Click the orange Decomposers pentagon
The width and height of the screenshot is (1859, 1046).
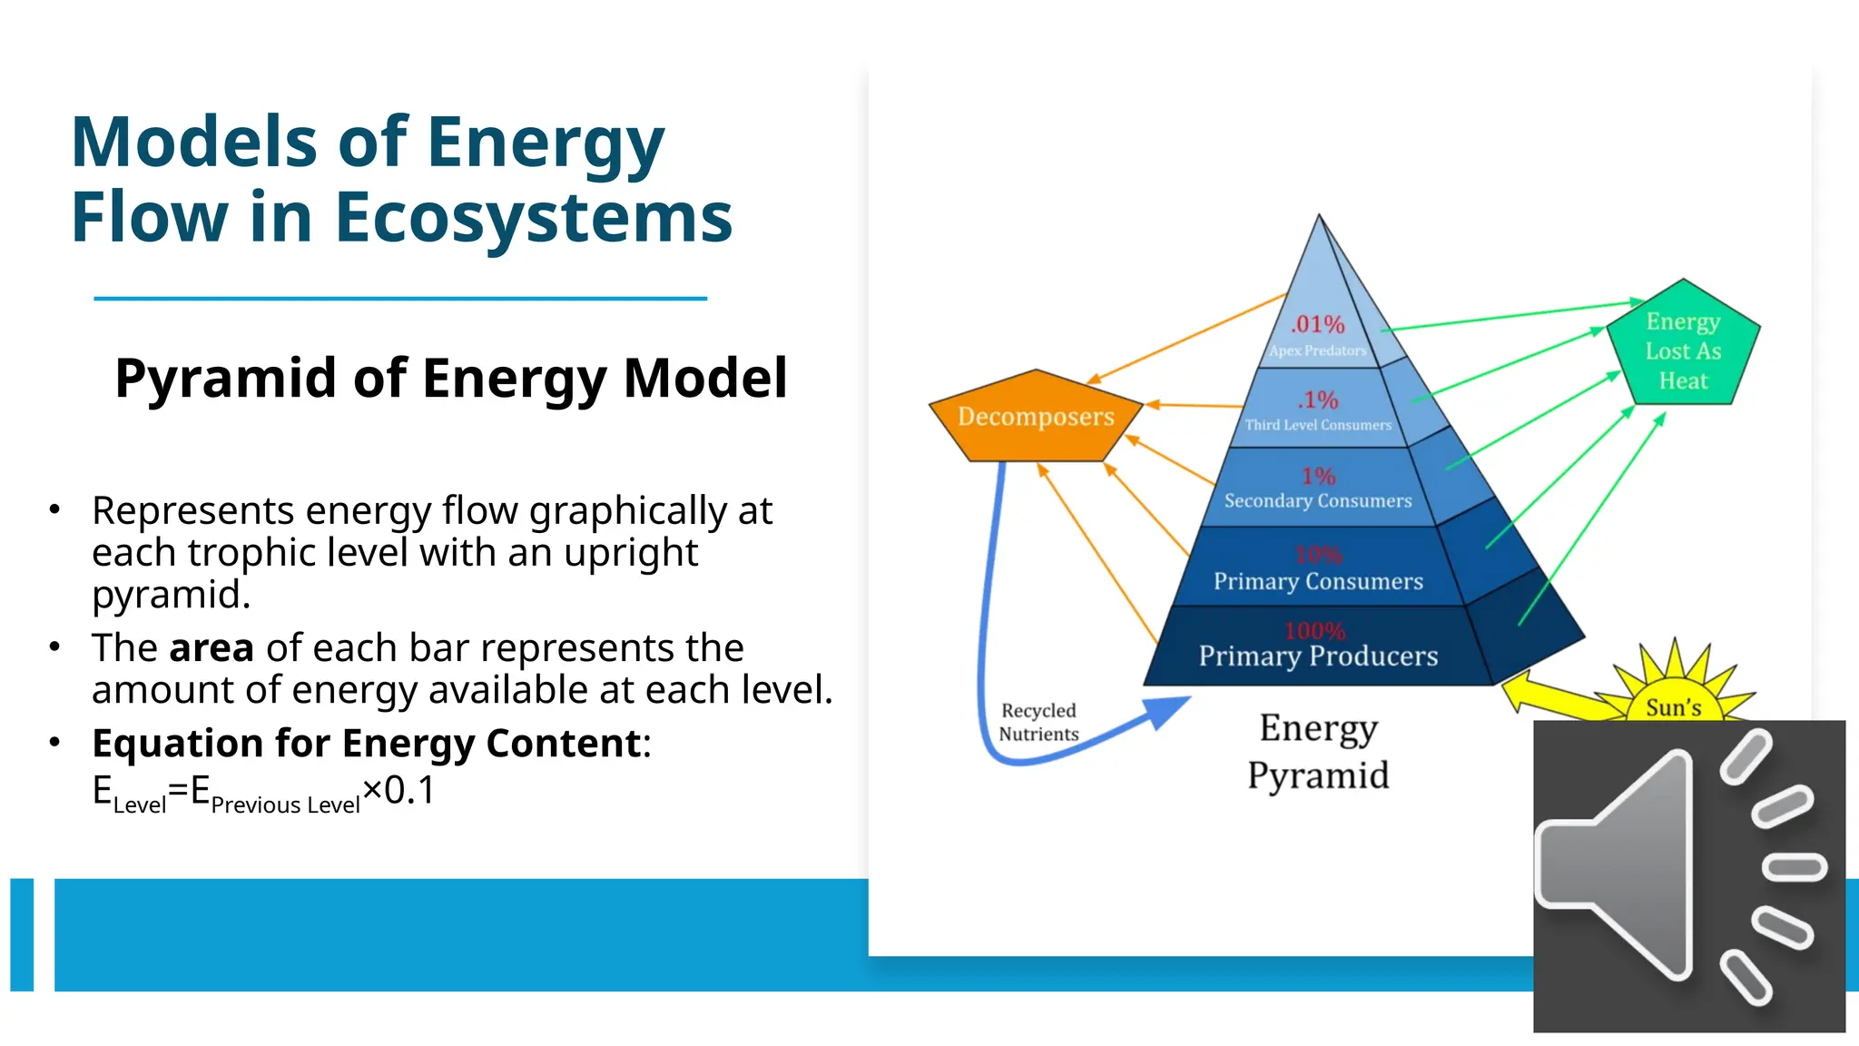1036,417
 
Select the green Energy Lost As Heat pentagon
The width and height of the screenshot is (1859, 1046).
1683,350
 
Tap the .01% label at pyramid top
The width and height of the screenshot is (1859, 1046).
1317,324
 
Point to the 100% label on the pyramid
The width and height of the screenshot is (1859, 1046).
1314,630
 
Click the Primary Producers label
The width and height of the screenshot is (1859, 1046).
1318,656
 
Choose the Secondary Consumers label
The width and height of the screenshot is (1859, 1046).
1318,501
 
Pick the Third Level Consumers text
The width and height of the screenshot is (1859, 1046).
1318,425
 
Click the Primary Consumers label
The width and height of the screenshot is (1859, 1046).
1318,581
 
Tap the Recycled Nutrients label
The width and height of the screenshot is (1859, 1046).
1038,723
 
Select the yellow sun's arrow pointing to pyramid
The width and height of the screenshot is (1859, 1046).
1543,695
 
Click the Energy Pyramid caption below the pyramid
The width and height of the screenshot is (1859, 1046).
1318,752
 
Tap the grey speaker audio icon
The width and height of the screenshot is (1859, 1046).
1688,875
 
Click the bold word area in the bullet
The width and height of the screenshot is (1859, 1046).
211,648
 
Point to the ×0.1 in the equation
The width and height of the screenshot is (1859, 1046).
399,790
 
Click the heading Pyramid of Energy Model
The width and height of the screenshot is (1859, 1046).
451,378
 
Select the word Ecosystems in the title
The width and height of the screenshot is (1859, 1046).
533,218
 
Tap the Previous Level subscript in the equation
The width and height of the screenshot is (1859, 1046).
285,805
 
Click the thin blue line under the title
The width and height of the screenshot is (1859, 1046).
399,298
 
